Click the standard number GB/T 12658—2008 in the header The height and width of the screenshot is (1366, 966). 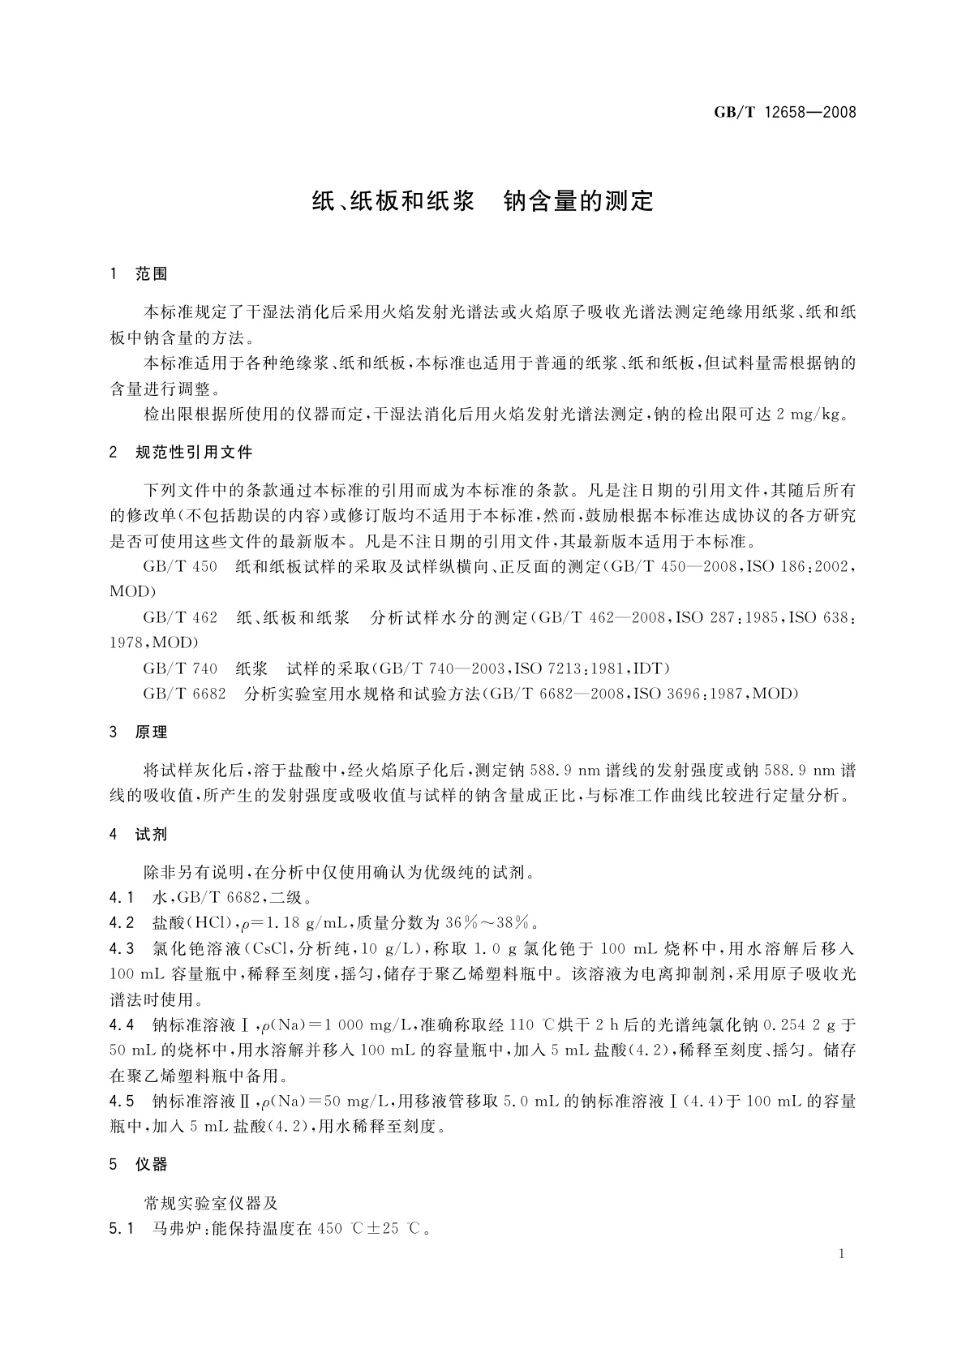(x=784, y=113)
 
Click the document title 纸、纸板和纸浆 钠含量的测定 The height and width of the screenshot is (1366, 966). (x=483, y=201)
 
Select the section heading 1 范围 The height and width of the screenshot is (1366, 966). (x=139, y=274)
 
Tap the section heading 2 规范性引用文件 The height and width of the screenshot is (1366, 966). (x=181, y=452)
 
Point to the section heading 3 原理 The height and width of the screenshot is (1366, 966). (x=139, y=732)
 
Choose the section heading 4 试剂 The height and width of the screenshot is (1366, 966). (x=139, y=834)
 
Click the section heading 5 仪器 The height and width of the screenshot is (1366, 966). (x=139, y=1165)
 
